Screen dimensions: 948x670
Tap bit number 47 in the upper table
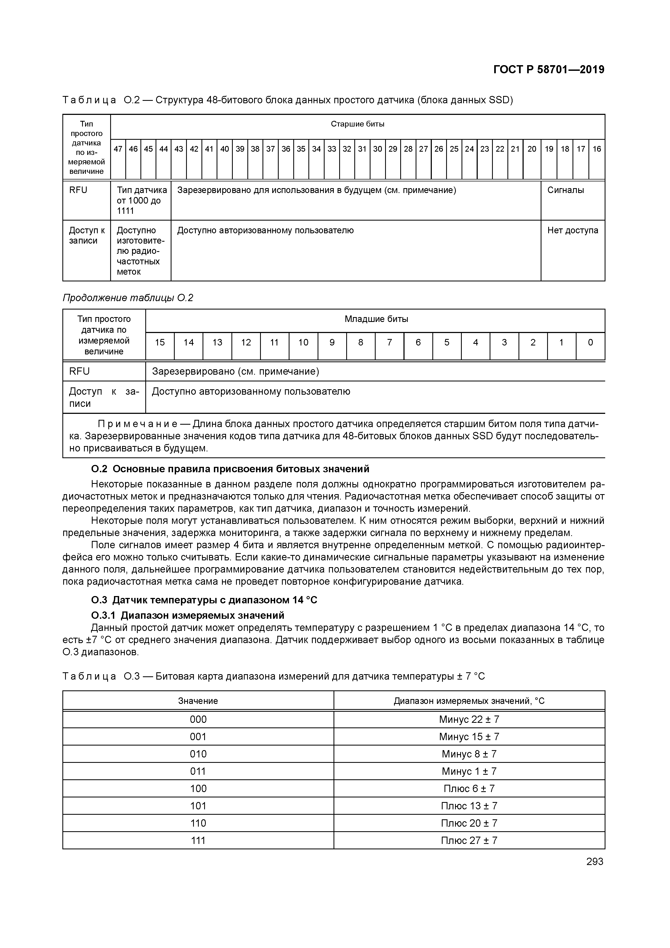[x=118, y=149]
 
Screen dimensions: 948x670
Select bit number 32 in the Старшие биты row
[x=347, y=149]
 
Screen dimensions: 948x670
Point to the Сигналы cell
[x=565, y=190]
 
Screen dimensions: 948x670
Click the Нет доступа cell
[x=572, y=230]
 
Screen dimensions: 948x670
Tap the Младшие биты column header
[x=376, y=319]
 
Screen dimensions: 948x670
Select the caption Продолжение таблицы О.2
[x=128, y=298]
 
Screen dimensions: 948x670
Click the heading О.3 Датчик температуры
[x=204, y=600]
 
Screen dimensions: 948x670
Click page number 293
[x=594, y=862]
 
